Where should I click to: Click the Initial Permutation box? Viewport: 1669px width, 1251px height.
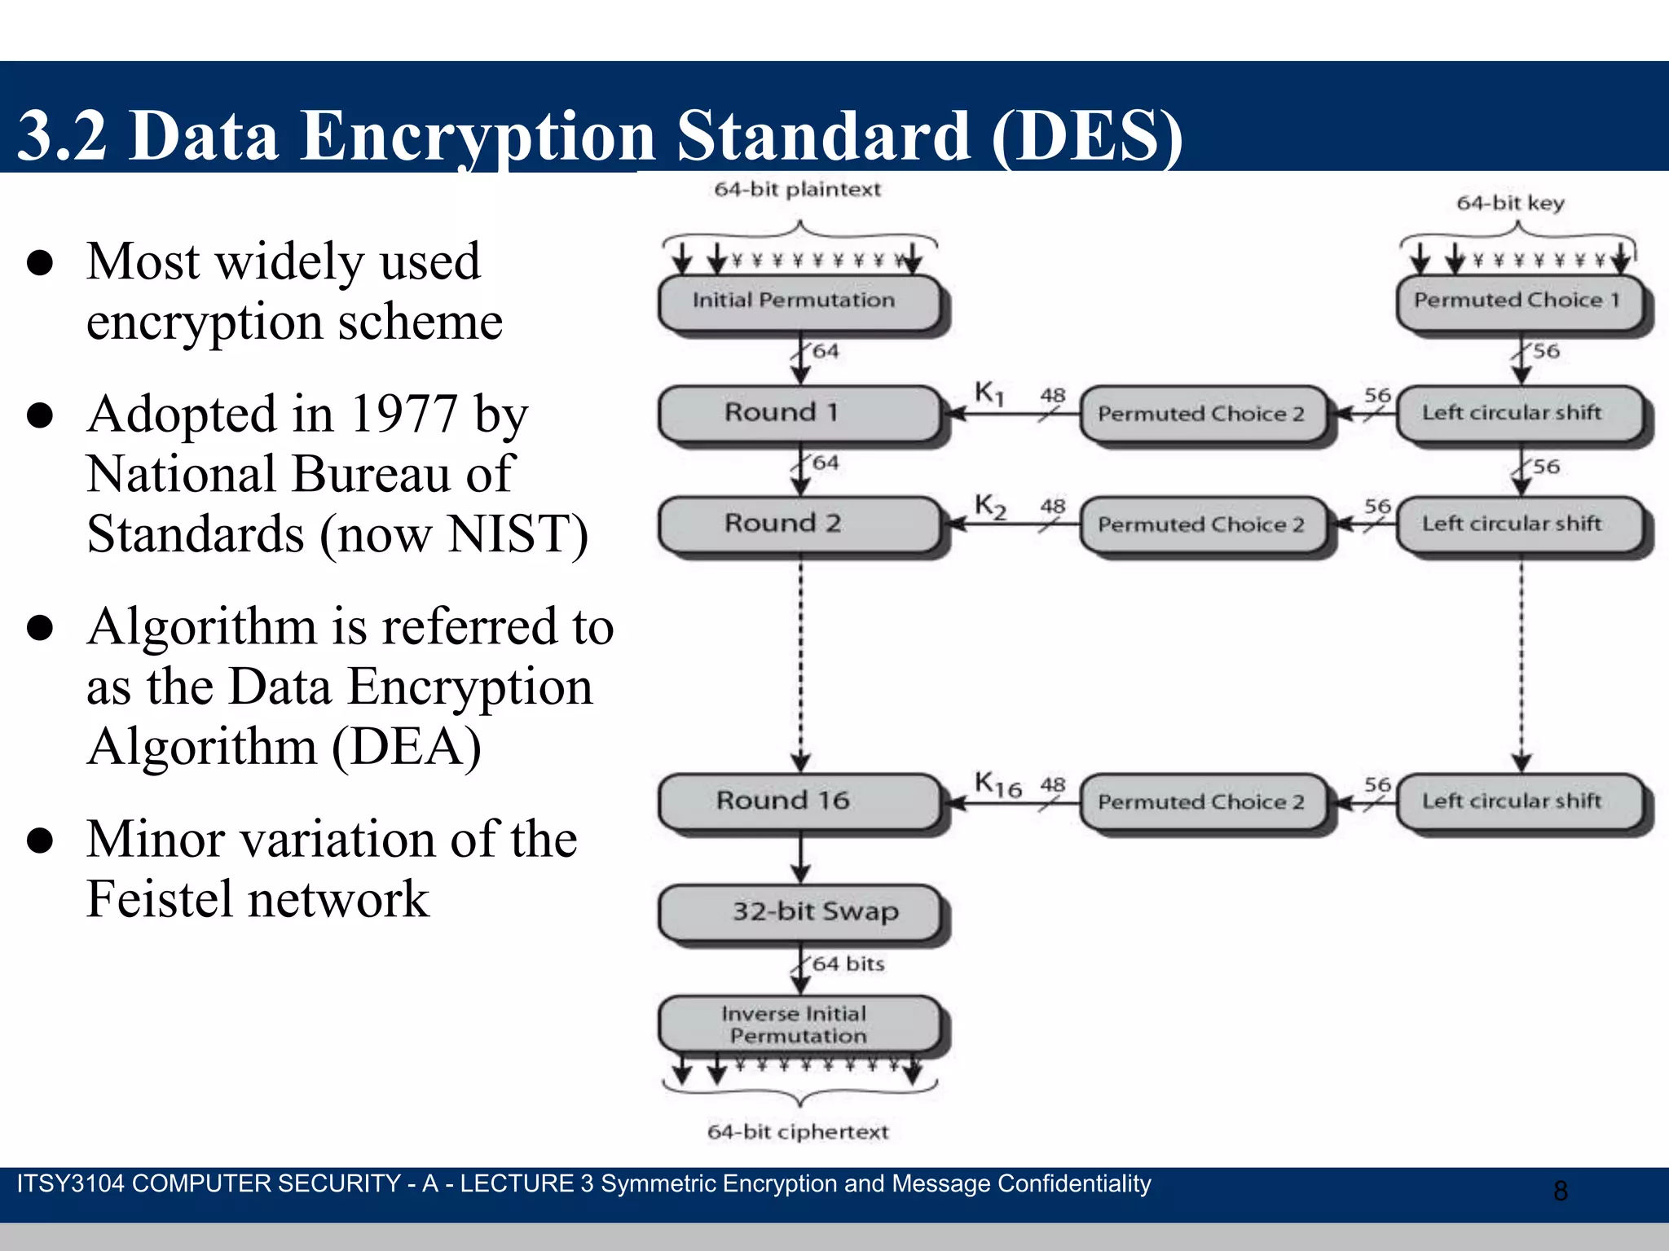pos(799,301)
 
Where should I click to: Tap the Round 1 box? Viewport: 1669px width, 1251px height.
pos(799,413)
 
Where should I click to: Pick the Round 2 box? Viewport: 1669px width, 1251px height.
pos(799,524)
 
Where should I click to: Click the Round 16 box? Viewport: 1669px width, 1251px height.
pos(799,801)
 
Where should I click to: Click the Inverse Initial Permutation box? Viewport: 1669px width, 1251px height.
pos(799,1024)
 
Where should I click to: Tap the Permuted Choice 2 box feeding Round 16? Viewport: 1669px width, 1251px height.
pos(1201,802)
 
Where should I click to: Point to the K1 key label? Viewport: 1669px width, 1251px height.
pos(989,393)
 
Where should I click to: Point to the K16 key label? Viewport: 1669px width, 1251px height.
pos(997,784)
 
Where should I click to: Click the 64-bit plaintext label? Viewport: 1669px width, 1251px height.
pos(797,189)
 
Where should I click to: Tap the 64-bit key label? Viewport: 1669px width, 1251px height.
pos(1510,203)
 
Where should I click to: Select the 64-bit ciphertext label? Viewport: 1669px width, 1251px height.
pos(797,1131)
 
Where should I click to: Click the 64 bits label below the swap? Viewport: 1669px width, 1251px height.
pos(848,963)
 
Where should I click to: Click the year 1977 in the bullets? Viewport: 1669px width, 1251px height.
pos(403,414)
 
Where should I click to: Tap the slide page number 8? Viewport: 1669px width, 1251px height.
pos(1560,1191)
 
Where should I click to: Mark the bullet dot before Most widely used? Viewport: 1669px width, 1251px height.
pos(40,263)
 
